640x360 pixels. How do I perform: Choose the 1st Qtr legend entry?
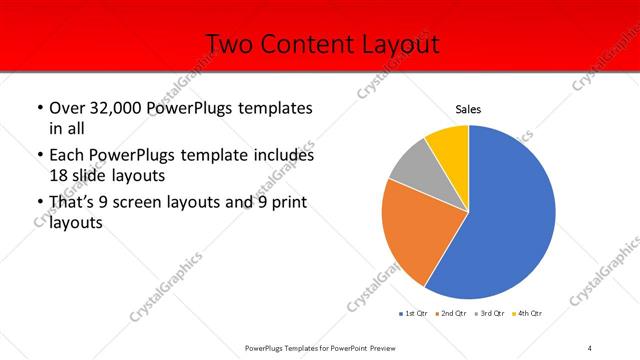pyautogui.click(x=415, y=314)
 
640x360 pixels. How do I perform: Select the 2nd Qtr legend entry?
pyautogui.click(x=454, y=314)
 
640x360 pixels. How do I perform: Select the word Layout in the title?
pyautogui.click(x=399, y=44)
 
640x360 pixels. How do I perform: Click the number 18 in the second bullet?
pyautogui.click(x=59, y=175)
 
